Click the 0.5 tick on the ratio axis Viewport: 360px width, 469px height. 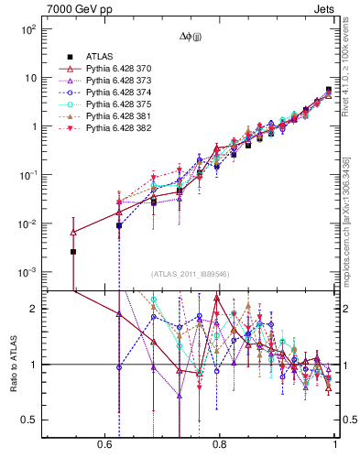point(29,420)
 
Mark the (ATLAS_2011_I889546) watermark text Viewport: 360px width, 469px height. point(191,275)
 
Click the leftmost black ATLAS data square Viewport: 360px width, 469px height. point(74,251)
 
